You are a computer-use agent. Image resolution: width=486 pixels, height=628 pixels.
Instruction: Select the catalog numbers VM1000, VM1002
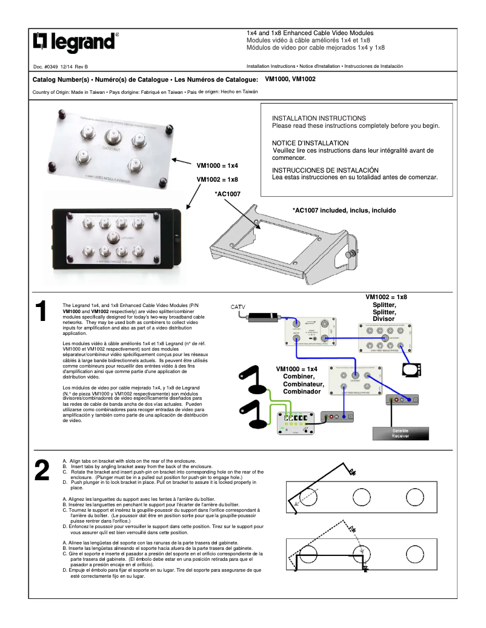(x=290, y=79)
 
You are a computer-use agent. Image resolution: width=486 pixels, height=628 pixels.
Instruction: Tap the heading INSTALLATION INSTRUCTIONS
(x=319, y=118)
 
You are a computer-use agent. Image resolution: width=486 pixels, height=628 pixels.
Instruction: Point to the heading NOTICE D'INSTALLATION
(x=310, y=143)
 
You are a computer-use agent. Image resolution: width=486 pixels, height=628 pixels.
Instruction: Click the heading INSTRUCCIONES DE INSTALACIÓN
(x=325, y=170)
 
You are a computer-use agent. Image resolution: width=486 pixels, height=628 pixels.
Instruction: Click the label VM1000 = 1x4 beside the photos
(x=217, y=165)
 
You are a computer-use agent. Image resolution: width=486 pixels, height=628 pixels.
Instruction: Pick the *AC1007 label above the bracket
(x=228, y=194)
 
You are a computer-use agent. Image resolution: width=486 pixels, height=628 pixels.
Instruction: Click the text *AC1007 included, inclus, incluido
(x=344, y=211)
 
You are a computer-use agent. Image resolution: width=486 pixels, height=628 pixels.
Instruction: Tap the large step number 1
(x=41, y=312)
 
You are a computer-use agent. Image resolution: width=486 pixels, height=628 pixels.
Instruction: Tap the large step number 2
(x=41, y=471)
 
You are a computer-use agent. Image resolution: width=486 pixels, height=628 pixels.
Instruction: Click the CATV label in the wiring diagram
(x=238, y=307)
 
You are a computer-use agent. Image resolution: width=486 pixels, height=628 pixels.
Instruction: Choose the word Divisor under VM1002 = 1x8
(x=384, y=319)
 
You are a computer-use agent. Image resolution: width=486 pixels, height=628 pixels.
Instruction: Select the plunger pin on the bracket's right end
(x=353, y=254)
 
